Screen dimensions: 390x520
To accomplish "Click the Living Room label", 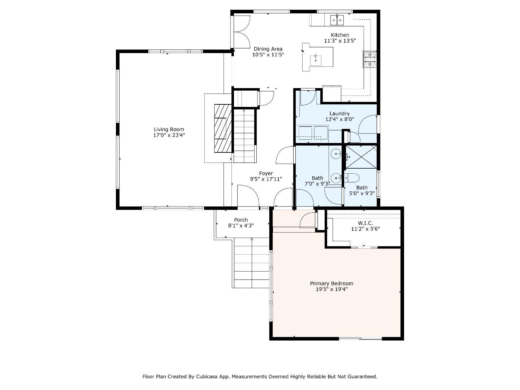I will (169, 129).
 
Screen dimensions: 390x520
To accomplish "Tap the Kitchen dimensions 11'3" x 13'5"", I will (340, 41).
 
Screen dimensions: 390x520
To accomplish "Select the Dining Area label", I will (268, 49).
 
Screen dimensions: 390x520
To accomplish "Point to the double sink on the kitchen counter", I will (337, 20).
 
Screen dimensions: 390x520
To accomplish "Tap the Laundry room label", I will (339, 113).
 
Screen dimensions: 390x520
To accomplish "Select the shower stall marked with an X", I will (361, 157).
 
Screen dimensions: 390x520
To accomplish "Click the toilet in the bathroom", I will (351, 178).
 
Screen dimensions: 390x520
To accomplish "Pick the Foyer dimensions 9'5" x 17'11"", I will (266, 179).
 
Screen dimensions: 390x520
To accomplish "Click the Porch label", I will (241, 220).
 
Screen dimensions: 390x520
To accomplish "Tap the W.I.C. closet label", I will (365, 223).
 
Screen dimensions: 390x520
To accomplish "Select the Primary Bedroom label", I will (331, 283).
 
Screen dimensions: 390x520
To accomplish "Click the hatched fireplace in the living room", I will (222, 128).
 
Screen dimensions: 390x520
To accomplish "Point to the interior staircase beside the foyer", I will (244, 135).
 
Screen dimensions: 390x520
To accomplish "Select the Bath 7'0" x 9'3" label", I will (317, 178).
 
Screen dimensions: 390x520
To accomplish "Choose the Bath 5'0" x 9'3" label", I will (362, 188).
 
